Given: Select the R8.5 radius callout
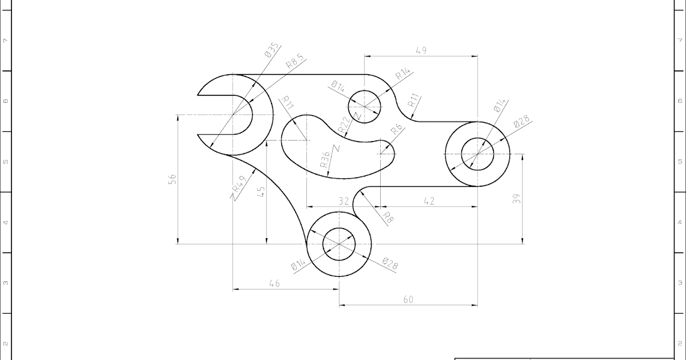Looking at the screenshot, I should point(296,61).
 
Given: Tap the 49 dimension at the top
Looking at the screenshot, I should point(421,50).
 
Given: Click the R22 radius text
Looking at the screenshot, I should point(344,126).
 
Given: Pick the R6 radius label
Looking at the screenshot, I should point(396,130).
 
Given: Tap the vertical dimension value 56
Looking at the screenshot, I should point(173,179).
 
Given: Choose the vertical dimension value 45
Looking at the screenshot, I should point(261,192).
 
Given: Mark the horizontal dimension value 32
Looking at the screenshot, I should point(343,201).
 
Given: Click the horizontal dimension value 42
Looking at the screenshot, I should point(428,201).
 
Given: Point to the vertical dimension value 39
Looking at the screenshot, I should point(517,198).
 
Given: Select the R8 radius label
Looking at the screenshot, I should point(388,217).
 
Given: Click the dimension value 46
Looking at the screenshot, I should point(274,283).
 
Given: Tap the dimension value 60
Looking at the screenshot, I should point(408,299).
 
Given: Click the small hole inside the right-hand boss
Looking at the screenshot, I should point(477,154).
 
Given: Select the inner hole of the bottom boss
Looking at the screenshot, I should point(339,244).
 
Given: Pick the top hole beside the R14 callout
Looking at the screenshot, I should point(364,106).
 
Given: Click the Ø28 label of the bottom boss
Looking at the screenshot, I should point(390,264).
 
